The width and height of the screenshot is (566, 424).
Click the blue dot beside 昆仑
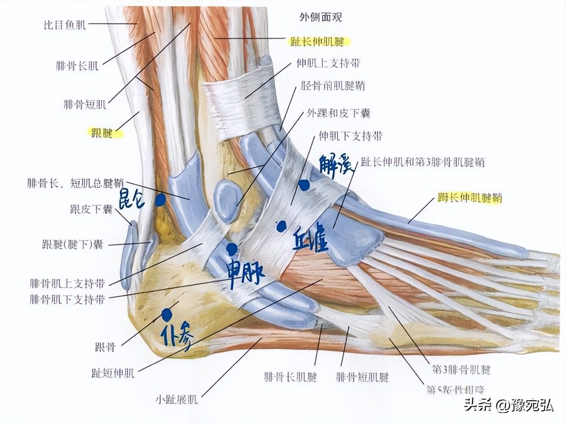160,200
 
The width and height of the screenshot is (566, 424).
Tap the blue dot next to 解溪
304,185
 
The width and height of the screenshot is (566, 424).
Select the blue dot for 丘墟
280,226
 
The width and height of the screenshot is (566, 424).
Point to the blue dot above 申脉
232,248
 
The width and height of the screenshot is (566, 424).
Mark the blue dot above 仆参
166,314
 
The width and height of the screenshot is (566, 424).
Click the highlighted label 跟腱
102,133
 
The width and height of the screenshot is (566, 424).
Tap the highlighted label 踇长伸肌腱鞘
470,198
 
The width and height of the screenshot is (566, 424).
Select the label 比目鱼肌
65,25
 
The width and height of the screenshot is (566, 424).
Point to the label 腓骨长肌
77,66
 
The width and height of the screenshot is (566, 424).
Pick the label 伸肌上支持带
328,64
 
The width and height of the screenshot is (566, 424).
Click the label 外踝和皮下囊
339,113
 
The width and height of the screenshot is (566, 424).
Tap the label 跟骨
105,348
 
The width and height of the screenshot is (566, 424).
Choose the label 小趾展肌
176,399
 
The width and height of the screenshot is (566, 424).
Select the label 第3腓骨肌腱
461,370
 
